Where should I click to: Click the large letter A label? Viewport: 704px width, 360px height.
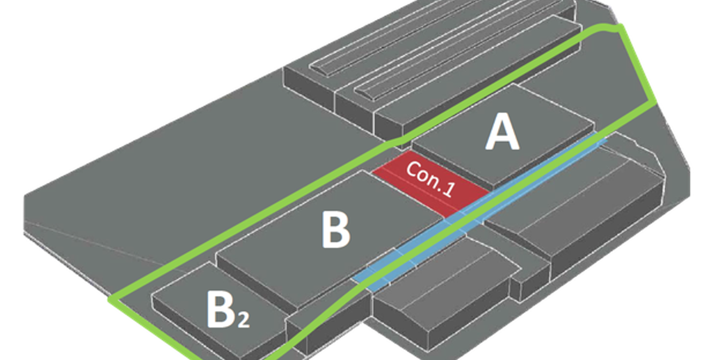click(x=502, y=132)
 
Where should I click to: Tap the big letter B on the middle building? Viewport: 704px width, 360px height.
click(x=336, y=230)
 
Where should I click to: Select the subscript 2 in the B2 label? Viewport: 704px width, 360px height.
click(x=244, y=320)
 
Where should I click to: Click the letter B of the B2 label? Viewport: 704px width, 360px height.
click(x=220, y=309)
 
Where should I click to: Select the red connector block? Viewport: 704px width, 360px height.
click(x=430, y=184)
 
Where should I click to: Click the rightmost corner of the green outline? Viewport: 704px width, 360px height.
click(x=655, y=103)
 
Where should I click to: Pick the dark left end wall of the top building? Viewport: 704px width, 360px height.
click(x=309, y=89)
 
